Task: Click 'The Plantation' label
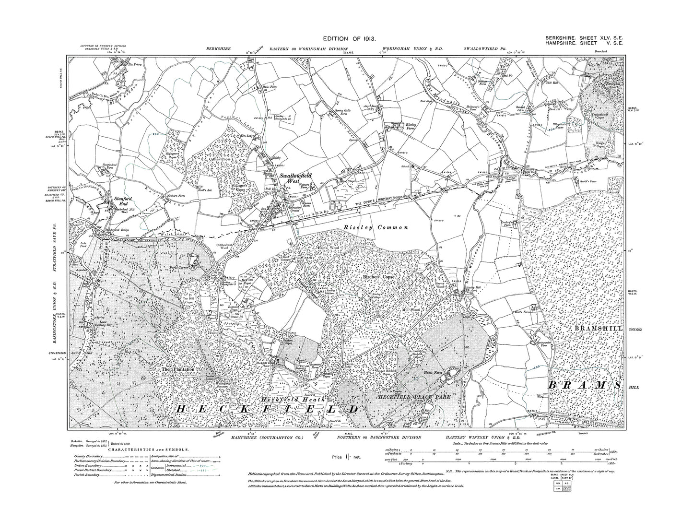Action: click(178, 369)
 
